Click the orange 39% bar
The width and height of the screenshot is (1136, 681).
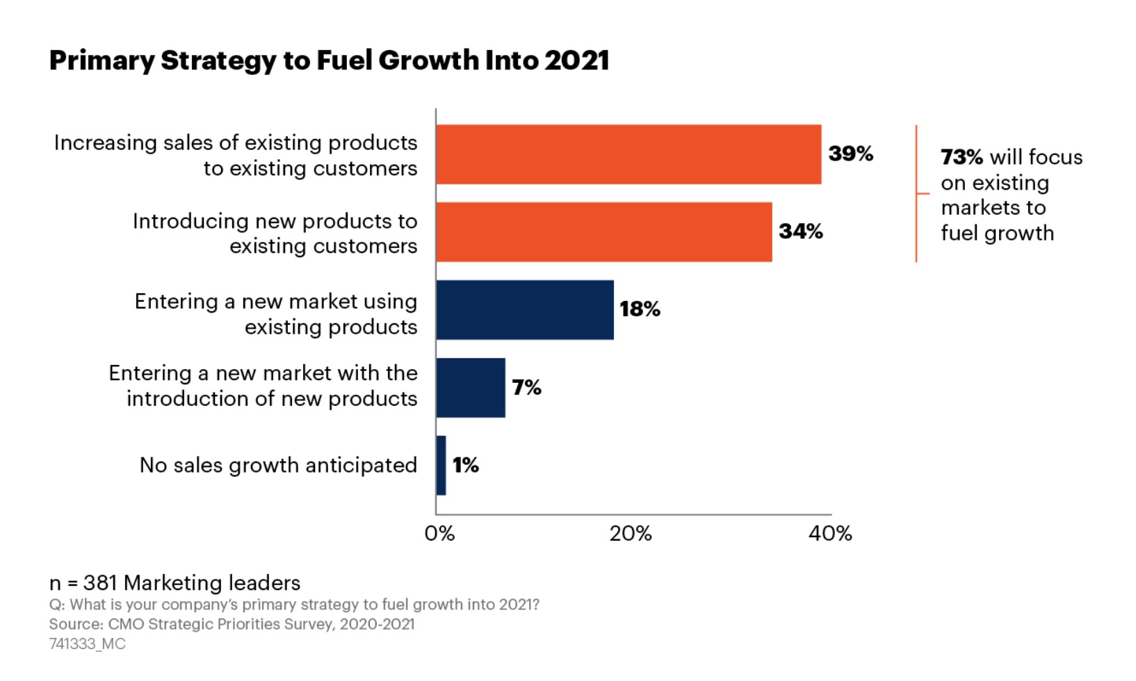[628, 154]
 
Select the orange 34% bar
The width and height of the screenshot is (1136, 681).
[603, 232]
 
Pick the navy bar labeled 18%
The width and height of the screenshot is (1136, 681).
[525, 310]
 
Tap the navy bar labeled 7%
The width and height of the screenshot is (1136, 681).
[471, 388]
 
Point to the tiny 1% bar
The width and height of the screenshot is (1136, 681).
[441, 466]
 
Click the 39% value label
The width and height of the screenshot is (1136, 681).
[850, 154]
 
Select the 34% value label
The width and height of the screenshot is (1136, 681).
[800, 231]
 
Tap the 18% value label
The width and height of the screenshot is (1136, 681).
[640, 309]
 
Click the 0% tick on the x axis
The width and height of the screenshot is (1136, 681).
[439, 534]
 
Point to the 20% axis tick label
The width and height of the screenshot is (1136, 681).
[631, 534]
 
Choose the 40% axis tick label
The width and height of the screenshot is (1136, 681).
[830, 534]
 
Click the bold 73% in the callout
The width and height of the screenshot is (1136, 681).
[961, 158]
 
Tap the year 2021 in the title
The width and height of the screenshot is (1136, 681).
[577, 61]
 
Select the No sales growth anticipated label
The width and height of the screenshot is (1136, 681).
[278, 466]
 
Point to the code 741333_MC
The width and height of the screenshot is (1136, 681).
[87, 644]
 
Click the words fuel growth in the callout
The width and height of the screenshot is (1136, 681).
[997, 233]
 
